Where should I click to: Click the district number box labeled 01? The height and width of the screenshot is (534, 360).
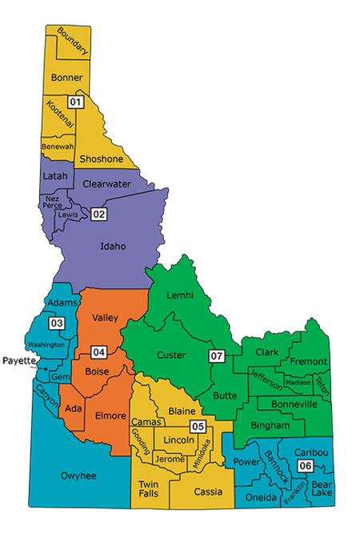tap(75, 102)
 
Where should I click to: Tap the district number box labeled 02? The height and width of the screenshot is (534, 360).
tap(98, 214)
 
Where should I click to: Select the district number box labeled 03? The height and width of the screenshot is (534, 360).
tap(57, 323)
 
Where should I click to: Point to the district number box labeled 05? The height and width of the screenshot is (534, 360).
tap(197, 426)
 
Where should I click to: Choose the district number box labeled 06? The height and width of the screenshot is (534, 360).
tap(305, 466)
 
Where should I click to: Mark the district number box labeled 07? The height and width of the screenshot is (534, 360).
tap(216, 355)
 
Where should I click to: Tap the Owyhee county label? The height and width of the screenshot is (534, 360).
tap(78, 476)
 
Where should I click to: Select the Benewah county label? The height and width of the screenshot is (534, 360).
tap(58, 147)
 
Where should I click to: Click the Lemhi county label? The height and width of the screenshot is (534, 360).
tap(180, 295)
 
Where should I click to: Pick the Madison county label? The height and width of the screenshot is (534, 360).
tap(298, 382)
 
